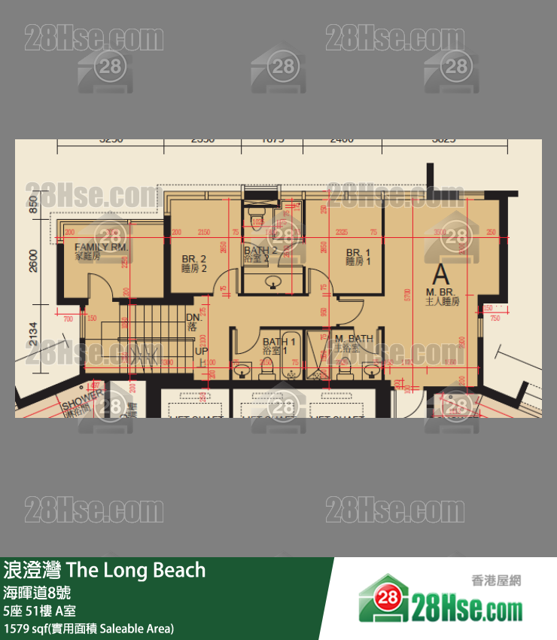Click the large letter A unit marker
point(441,273)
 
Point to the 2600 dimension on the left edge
point(33,261)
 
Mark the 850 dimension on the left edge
point(33,204)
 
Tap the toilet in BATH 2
point(257,219)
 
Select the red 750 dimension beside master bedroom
point(495,318)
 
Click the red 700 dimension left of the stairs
point(68,318)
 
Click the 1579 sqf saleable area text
point(89,628)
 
